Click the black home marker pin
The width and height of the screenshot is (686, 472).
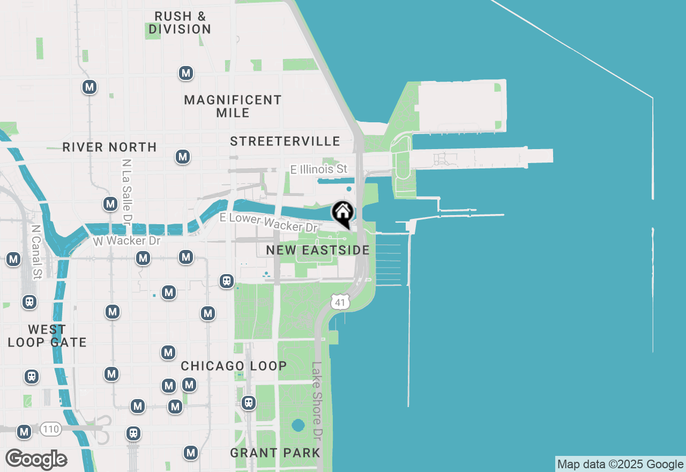pos(342,212)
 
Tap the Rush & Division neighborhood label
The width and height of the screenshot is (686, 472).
pos(180,23)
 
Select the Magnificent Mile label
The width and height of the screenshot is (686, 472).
pos(233,106)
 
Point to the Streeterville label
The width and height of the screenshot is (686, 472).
pos(285,141)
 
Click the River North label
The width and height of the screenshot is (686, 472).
pos(109,147)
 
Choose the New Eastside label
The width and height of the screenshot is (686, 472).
pos(318,250)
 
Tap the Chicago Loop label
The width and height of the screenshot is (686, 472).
pos(234,366)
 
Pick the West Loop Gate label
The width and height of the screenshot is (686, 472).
pos(47,336)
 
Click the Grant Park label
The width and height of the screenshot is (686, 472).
pos(275,453)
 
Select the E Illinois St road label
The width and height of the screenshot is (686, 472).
pos(319,169)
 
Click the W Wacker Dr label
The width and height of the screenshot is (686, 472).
pos(127,241)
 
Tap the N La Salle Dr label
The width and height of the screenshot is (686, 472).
pos(127,191)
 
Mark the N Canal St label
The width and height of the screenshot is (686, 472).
pos(36,252)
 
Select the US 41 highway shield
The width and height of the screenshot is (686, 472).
pos(340,301)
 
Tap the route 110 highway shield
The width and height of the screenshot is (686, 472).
pos(50,429)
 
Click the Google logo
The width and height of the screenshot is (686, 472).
pos(36,459)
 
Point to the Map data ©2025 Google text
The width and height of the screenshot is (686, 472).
pos(620,464)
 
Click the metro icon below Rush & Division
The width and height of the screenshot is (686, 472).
pos(185,73)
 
